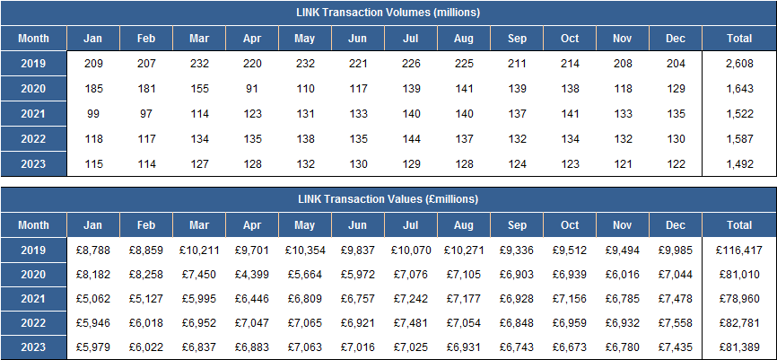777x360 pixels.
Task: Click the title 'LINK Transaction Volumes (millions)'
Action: [388, 13]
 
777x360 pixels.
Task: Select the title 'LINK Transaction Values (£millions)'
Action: [388, 198]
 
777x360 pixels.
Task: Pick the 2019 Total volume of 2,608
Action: [738, 64]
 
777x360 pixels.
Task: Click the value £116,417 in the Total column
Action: [738, 250]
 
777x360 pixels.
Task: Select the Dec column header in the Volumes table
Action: [676, 39]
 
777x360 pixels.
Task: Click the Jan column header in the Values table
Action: [92, 225]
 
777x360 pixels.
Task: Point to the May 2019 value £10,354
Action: [305, 250]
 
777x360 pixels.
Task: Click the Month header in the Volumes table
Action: [34, 39]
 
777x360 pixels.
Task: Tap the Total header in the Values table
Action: [738, 225]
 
